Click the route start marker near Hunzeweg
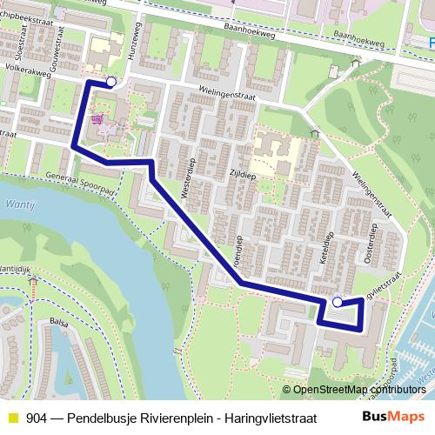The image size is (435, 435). click(110, 82)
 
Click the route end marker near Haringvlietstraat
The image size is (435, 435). click(338, 303)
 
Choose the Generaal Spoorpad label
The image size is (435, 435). click(83, 180)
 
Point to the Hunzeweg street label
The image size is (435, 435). click(133, 64)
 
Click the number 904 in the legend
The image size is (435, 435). click(37, 417)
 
